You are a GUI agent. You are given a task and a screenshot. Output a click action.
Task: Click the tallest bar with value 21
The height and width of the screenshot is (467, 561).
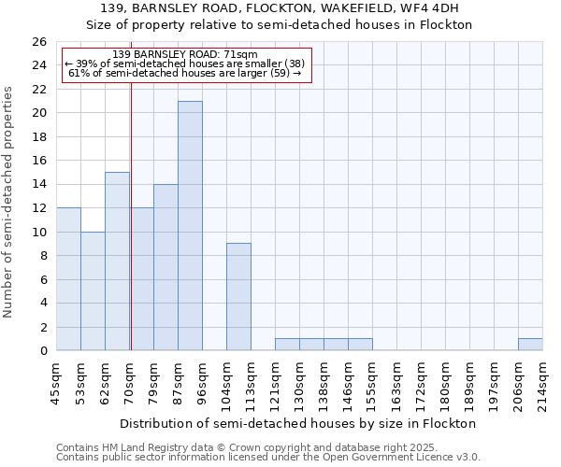(x=190, y=226)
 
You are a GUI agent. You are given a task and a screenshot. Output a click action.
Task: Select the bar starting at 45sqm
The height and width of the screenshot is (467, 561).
(x=68, y=279)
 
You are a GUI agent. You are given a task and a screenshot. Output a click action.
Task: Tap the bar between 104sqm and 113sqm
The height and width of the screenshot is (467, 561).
(x=238, y=297)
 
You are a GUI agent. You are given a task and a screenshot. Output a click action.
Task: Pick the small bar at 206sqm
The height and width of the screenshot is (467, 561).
(x=530, y=345)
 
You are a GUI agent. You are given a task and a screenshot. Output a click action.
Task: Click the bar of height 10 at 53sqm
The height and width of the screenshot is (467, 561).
(x=93, y=291)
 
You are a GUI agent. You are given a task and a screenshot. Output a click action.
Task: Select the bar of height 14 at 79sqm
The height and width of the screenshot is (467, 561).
(x=165, y=267)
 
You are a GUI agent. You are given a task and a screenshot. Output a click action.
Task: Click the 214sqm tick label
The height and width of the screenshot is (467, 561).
(x=544, y=385)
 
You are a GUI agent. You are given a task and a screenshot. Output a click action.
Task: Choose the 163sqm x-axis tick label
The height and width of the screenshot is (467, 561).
(x=397, y=385)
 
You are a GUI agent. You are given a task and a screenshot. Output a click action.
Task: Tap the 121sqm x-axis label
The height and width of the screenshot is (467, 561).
(x=276, y=385)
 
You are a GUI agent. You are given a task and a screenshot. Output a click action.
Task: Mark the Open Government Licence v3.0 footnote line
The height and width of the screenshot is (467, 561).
(x=268, y=458)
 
